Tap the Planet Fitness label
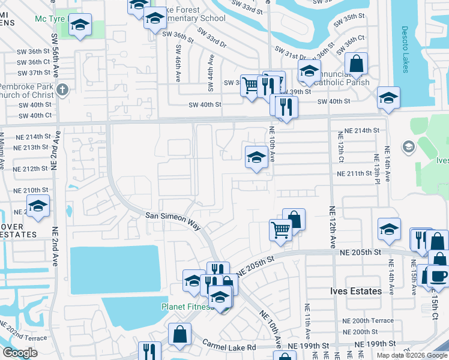coord(187,307)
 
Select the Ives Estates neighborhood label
coord(356,291)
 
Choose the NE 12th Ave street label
coord(332,227)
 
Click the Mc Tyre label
coord(50,19)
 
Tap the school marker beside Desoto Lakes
coord(388,97)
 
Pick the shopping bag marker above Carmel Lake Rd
coord(179,334)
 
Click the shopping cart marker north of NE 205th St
coord(280,230)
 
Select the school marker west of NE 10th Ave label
coord(256,157)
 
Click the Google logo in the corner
coord(20,353)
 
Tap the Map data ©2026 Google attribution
coord(412,355)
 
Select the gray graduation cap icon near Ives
coord(408,147)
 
